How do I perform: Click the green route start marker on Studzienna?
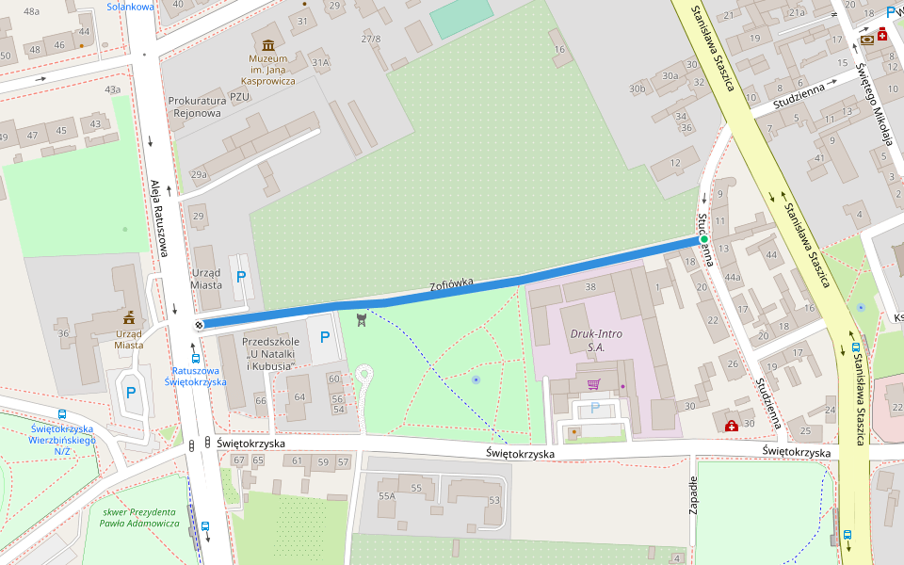click(x=703, y=239)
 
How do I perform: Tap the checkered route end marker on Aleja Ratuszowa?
click(x=199, y=325)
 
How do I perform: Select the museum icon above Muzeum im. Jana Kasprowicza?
click(x=268, y=45)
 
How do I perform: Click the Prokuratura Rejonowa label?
click(x=196, y=106)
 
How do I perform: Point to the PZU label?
click(x=239, y=96)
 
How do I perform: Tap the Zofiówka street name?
click(x=451, y=283)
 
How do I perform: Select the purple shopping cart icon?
click(x=593, y=384)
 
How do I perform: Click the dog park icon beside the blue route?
click(x=362, y=320)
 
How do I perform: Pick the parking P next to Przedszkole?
click(x=325, y=336)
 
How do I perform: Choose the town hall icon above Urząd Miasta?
click(x=128, y=318)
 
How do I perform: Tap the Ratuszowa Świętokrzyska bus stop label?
click(x=195, y=377)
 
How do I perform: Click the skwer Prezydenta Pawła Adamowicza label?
click(x=139, y=517)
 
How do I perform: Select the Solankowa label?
click(x=130, y=6)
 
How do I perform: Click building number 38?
click(x=590, y=286)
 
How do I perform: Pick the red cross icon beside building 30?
click(x=732, y=426)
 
